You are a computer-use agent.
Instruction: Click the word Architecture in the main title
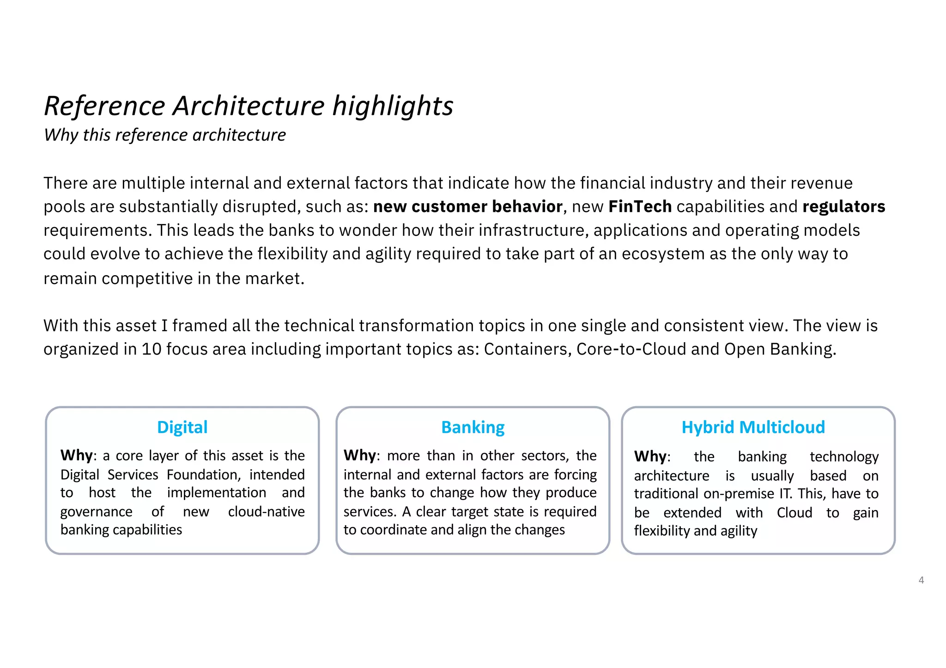(249, 106)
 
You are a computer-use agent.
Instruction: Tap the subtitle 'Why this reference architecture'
(165, 135)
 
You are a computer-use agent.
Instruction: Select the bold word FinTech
(640, 206)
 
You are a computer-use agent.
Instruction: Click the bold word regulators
(843, 206)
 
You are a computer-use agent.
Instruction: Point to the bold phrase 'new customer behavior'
(467, 206)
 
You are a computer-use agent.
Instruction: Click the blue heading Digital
(182, 427)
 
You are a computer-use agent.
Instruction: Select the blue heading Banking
(473, 427)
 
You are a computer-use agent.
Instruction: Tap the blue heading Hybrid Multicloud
(753, 427)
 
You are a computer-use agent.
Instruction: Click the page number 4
(921, 580)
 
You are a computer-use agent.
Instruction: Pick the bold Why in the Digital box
(76, 456)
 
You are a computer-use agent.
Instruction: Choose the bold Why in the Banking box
(359, 456)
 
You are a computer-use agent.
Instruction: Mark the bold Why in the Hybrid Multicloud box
(650, 457)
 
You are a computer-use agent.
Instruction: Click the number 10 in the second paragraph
(151, 349)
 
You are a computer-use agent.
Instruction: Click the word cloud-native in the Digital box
(266, 512)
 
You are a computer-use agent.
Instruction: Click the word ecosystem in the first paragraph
(663, 254)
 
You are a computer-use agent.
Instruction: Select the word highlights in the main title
(393, 106)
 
